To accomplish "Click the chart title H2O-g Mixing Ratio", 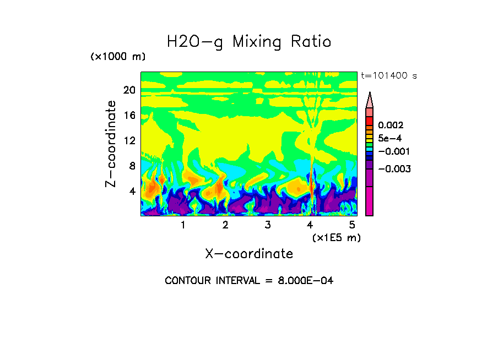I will click(x=249, y=42).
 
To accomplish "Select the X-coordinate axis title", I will click(x=249, y=254).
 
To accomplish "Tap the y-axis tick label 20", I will click(x=129, y=90).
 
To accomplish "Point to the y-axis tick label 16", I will click(x=129, y=116).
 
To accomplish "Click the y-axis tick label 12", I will click(x=129, y=140).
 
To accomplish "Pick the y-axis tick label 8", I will click(x=132, y=166).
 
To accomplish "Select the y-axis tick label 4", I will click(x=132, y=191).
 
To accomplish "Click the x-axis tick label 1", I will click(x=183, y=225).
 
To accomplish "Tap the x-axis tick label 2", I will click(x=225, y=225).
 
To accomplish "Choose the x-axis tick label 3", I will click(x=268, y=225).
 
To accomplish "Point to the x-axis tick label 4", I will click(x=310, y=225).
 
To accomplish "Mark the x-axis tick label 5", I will click(x=353, y=225).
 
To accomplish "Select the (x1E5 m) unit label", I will click(x=336, y=237).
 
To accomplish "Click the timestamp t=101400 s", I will click(x=388, y=75).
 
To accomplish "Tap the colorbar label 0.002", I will click(x=391, y=126).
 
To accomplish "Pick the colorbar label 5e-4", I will click(x=389, y=139).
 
